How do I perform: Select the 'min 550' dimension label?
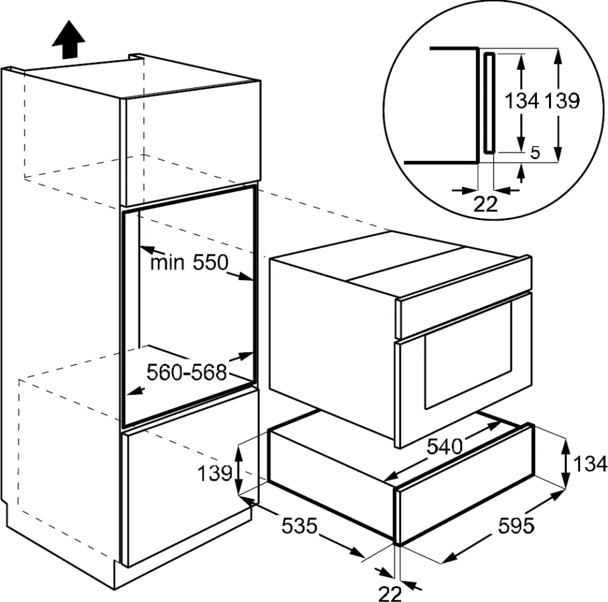click(188, 262)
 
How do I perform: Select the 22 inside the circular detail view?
click(485, 205)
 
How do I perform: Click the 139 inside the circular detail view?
click(561, 101)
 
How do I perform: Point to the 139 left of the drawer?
click(215, 473)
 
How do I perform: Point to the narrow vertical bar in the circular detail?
click(489, 103)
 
